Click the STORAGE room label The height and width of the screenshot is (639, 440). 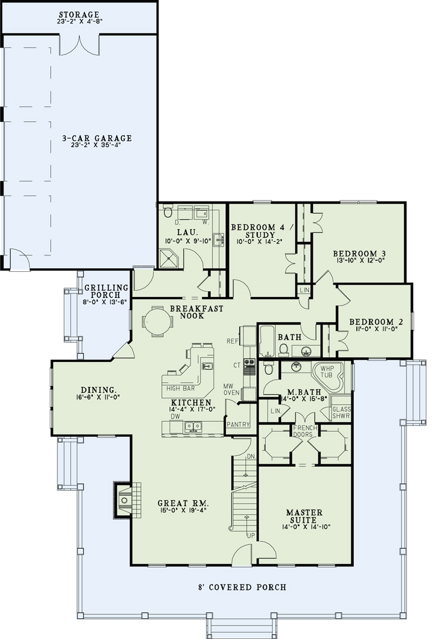tap(79, 14)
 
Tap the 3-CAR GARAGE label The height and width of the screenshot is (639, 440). tap(97, 139)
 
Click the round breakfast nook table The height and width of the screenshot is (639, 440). tap(158, 322)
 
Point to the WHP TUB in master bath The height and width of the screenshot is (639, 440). tap(327, 375)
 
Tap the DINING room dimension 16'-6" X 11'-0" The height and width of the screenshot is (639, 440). tap(98, 397)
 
